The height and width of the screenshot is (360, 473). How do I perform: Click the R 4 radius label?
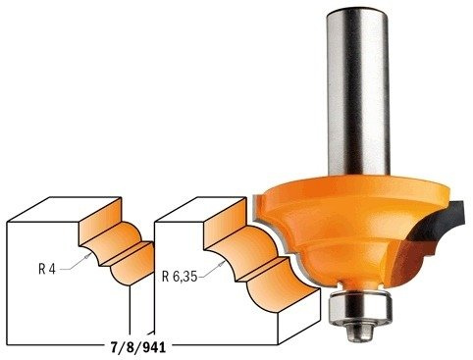[x=47, y=269]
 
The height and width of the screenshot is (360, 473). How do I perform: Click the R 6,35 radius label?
[x=180, y=277]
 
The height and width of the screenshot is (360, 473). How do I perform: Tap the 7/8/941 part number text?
[x=138, y=348]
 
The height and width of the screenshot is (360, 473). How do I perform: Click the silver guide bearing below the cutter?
[x=360, y=307]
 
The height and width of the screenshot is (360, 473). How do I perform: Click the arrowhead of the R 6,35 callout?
[x=223, y=263]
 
